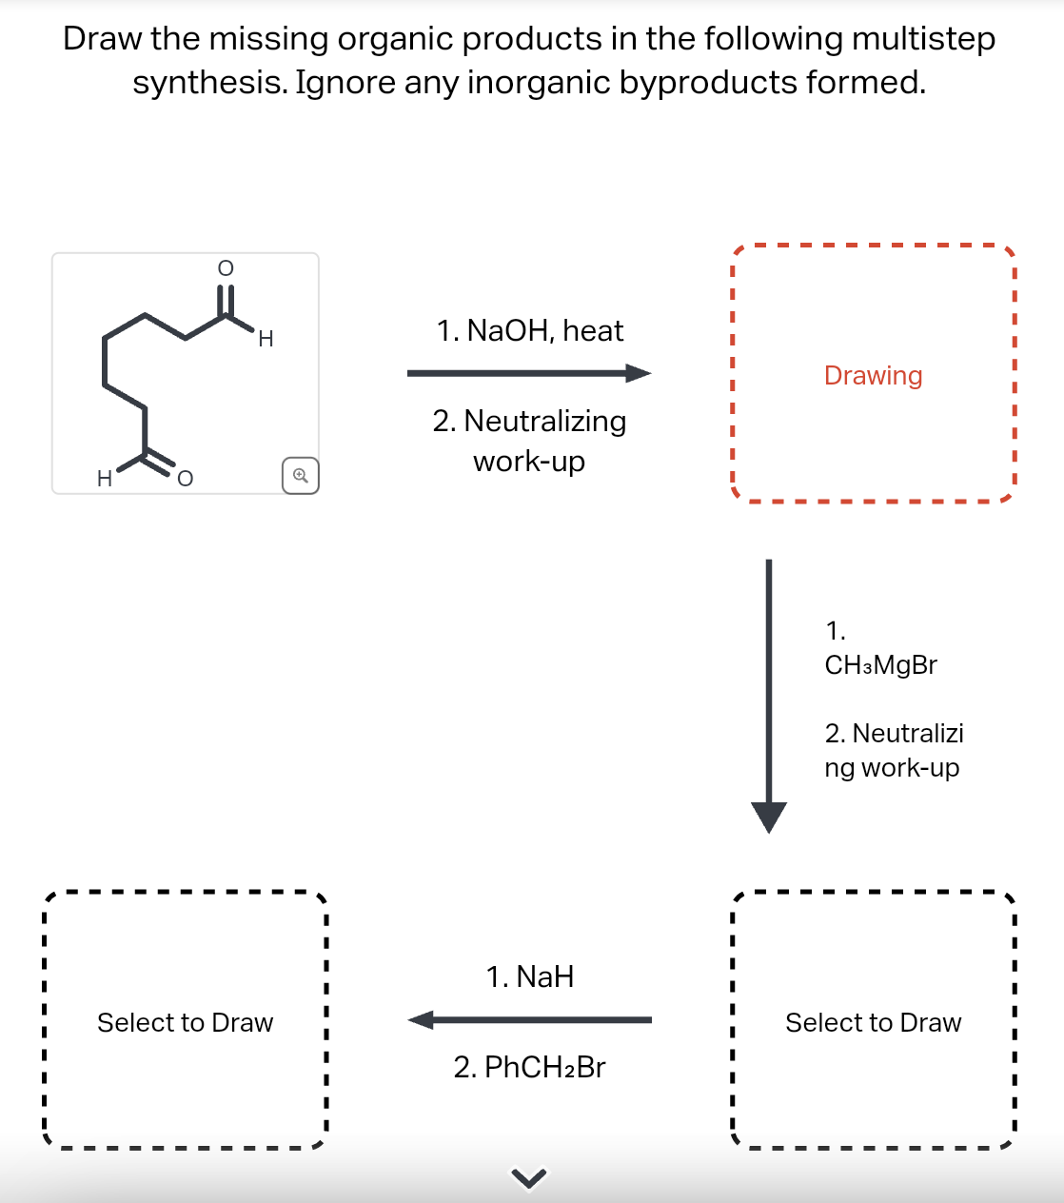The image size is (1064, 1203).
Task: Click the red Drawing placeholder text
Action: [x=873, y=376]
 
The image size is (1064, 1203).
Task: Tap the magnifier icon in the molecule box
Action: [x=300, y=475]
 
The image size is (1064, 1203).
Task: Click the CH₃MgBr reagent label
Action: [x=880, y=665]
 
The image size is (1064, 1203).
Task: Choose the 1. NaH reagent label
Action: [x=530, y=977]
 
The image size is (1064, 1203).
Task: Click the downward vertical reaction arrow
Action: [x=769, y=695]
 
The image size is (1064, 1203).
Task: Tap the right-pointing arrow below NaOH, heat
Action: [x=529, y=373]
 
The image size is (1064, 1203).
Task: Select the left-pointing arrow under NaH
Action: [x=529, y=1020]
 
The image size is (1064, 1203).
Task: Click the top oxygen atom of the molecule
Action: [x=226, y=268]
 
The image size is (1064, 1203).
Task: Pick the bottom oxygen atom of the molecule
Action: [x=185, y=479]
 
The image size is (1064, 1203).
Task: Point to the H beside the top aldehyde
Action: [x=266, y=339]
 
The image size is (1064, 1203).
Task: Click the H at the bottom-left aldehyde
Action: [x=105, y=479]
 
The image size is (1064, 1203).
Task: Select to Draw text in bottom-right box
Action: [x=873, y=1023]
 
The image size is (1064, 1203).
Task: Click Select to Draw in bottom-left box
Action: [x=185, y=1023]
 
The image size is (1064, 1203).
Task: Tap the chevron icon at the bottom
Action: [x=529, y=1179]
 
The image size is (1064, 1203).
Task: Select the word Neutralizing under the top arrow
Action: [x=544, y=422]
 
